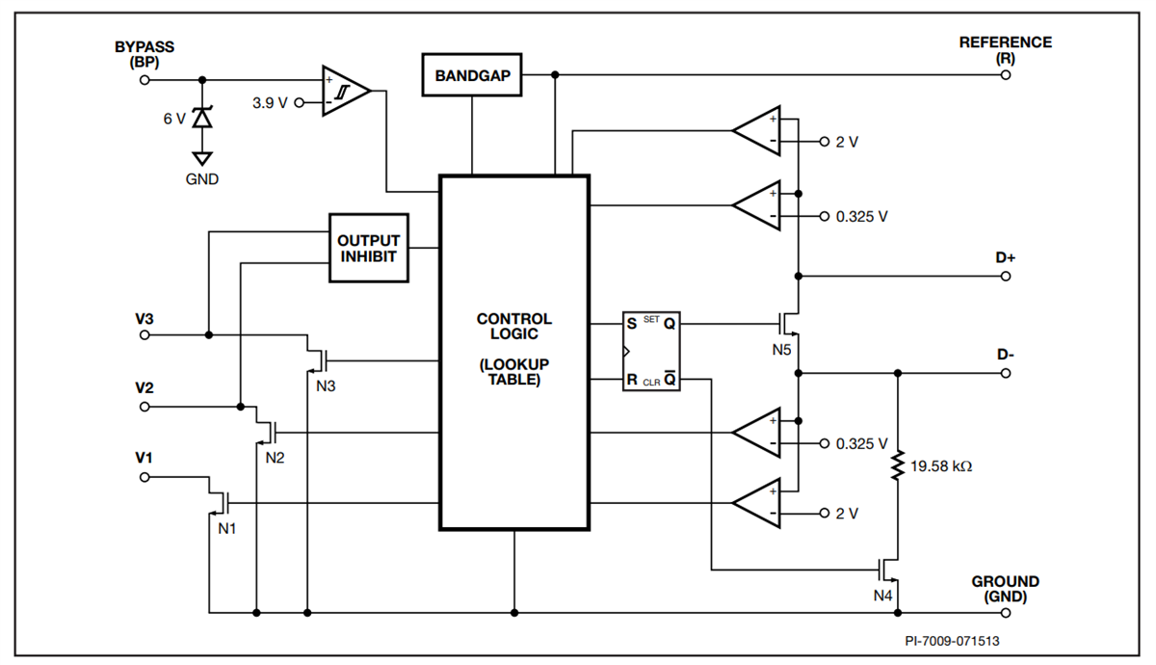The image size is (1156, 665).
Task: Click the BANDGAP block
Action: pos(472,75)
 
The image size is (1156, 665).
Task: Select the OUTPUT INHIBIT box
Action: pos(368,248)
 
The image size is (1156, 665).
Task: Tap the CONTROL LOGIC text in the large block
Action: pos(513,327)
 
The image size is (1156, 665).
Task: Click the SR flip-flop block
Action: pos(651,353)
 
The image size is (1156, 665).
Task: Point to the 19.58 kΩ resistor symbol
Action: pos(898,466)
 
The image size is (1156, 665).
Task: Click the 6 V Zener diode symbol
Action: pos(201,118)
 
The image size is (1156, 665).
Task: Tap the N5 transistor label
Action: pos(781,348)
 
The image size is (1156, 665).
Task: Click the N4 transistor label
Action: pos(883,595)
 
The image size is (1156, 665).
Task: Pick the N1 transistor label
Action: pos(226,528)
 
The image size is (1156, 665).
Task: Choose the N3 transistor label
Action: pos(328,386)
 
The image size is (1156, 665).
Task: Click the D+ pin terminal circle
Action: pos(1006,277)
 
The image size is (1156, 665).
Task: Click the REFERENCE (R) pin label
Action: pos(1005,49)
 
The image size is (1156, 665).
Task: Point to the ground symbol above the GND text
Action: pos(201,158)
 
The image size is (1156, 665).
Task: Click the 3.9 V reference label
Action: pos(269,102)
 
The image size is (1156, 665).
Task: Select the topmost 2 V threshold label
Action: pos(847,142)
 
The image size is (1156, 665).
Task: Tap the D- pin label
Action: pos(1005,354)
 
